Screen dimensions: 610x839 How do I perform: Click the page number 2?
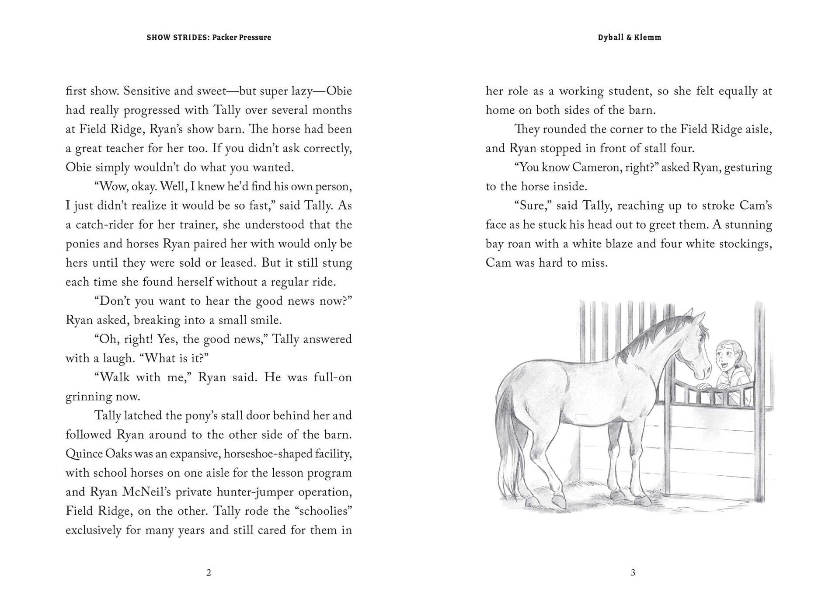209,573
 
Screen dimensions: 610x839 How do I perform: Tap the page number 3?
633,573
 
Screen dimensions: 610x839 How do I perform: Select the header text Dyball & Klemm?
629,38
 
